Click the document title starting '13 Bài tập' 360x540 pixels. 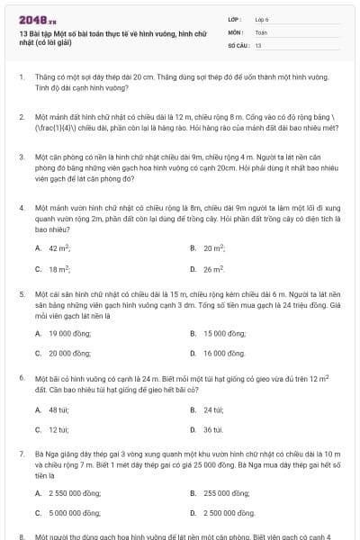[112, 38]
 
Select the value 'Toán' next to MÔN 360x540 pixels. [261, 31]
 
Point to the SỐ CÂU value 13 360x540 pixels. [257, 44]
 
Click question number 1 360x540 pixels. [21, 78]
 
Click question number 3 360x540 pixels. [21, 156]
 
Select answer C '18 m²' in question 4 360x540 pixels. [59, 268]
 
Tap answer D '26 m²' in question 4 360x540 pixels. [213, 268]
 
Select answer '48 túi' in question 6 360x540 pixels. [59, 409]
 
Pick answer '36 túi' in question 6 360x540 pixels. [212, 430]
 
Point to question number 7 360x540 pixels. [21, 454]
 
